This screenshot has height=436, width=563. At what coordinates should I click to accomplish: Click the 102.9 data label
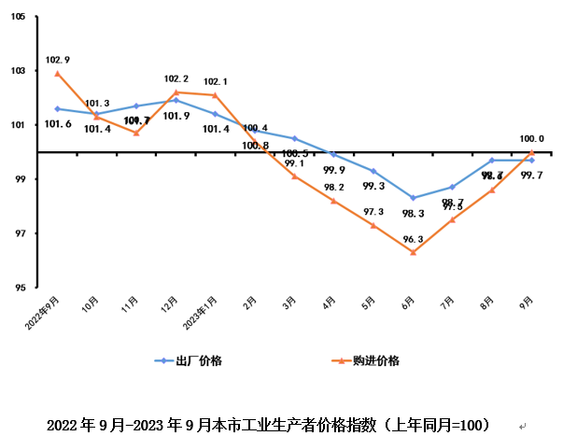coord(57,60)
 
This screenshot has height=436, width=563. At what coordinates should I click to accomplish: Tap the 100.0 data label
coord(531,139)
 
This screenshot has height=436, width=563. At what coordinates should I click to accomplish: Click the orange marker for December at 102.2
coord(176,92)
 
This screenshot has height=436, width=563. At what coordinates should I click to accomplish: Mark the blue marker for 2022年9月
coord(58,108)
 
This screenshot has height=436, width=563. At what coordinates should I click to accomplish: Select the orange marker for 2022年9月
coord(58,73)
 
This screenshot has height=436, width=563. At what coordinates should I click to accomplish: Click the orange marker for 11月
coord(136,133)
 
